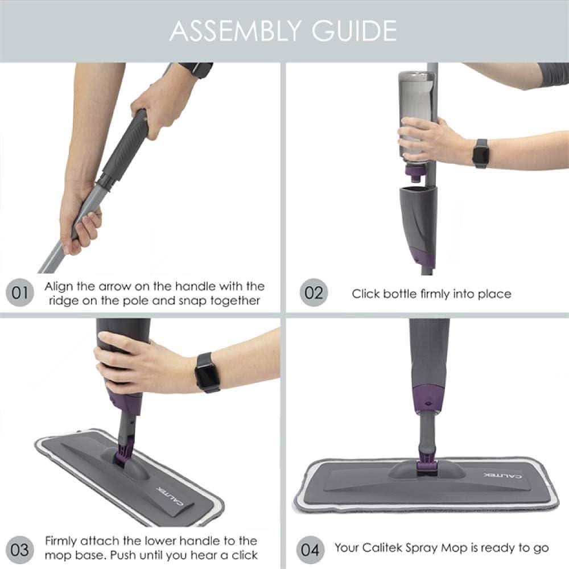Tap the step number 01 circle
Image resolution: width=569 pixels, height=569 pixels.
point(19,293)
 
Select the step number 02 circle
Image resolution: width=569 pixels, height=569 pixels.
point(314,293)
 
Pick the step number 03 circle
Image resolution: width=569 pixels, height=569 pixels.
point(19,550)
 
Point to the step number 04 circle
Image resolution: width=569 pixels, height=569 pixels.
point(310,550)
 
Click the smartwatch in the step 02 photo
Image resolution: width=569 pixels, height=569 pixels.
point(481,153)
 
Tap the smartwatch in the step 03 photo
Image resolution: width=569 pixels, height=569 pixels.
point(207,372)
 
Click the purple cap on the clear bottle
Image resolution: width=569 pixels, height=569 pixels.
point(414,169)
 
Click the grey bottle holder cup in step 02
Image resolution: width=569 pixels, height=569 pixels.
point(418,222)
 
